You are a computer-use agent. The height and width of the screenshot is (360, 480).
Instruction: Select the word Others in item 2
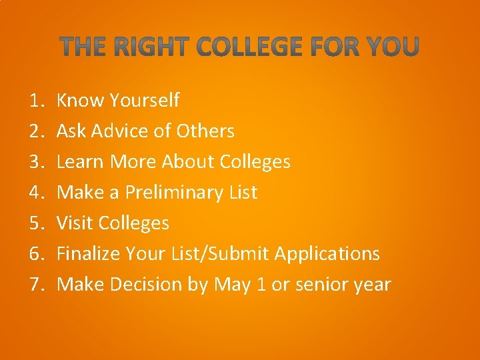point(205,131)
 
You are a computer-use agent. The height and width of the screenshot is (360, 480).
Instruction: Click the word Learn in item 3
point(81,162)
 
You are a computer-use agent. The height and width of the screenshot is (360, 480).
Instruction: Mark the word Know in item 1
point(81,101)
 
